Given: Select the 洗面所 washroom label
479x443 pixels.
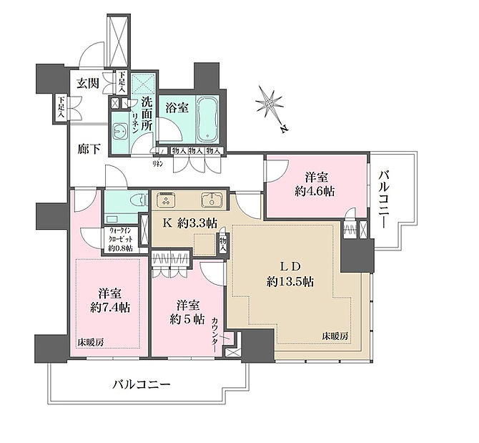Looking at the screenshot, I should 147,112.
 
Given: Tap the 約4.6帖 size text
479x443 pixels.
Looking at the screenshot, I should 315,190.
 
